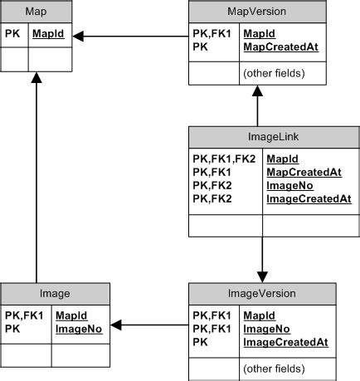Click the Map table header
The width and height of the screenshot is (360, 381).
pos(36,12)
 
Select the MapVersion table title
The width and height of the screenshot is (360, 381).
pos(256,12)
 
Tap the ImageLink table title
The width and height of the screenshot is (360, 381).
pos(262,137)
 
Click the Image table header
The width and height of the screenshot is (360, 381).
pos(55,293)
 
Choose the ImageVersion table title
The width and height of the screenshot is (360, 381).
pos(262,293)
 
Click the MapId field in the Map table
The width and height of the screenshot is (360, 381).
pos(48,35)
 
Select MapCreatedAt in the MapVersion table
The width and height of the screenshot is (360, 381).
pos(280,47)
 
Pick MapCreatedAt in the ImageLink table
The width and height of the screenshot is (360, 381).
pos(304,172)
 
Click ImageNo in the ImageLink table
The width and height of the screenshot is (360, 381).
pos(289,185)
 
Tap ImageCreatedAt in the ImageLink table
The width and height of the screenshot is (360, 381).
pos(309,198)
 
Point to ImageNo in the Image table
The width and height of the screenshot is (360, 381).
pos(78,329)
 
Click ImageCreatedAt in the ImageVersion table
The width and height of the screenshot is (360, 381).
pos(285,341)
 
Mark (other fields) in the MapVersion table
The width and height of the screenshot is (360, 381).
pos(273,73)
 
